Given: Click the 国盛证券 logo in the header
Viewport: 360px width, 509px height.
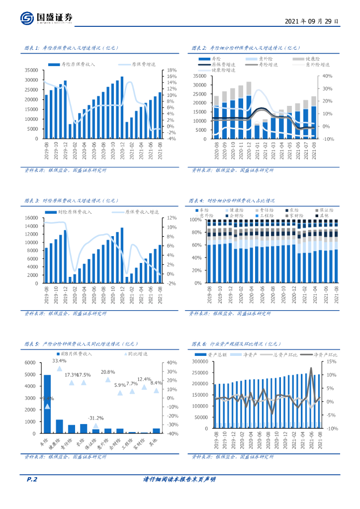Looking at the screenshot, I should tap(47, 18).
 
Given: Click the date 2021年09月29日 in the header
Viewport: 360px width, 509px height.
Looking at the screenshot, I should tap(312, 22).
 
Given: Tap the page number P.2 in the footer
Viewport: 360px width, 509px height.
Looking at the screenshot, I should tap(32, 479).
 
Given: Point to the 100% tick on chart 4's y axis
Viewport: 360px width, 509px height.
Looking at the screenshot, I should tap(195, 219).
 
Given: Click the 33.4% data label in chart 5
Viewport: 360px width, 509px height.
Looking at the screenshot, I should tap(60, 360).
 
